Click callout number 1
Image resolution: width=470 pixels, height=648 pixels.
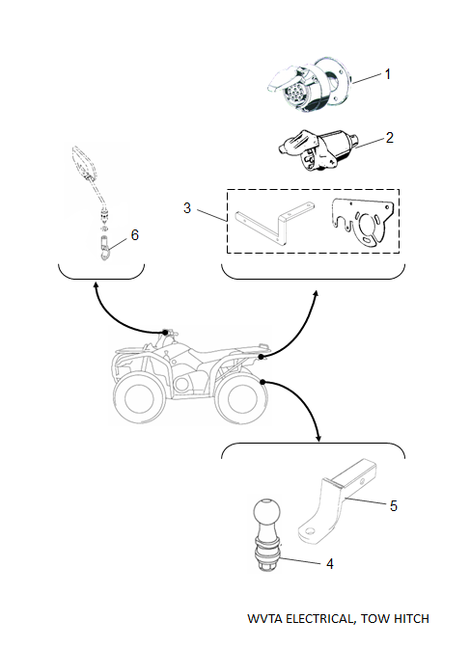388,74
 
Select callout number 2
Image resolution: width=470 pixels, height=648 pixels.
389,138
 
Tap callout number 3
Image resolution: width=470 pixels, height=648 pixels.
187,208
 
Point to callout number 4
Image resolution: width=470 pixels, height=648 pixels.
330,564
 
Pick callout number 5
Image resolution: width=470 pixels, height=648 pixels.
393,506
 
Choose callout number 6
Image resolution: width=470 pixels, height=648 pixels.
135,234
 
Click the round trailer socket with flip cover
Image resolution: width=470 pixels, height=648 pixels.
309,85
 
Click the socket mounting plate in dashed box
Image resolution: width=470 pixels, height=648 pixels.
361,223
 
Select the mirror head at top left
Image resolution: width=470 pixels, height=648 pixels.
84,162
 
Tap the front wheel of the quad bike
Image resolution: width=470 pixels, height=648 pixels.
139,399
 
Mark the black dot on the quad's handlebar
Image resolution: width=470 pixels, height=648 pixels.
165,333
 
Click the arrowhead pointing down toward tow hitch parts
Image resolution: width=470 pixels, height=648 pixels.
318,437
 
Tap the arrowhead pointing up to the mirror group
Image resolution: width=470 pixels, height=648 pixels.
97,285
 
